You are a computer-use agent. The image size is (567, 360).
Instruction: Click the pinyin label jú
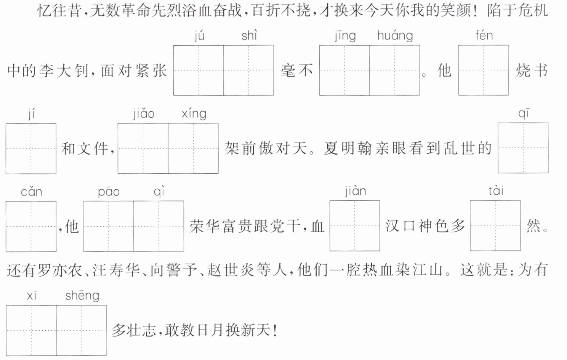199,36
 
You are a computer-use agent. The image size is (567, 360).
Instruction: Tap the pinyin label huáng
395,36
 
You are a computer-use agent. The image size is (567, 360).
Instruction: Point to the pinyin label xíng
194,114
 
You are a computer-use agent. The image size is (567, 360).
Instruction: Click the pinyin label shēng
82,296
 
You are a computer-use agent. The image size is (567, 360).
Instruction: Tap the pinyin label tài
496,190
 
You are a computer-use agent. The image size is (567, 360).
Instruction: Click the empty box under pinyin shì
248,70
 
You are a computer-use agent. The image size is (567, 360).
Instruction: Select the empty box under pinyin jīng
344,70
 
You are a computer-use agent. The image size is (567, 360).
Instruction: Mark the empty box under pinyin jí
31,149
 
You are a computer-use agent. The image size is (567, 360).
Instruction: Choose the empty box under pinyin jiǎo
143,149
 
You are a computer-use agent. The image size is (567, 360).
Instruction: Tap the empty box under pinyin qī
523,148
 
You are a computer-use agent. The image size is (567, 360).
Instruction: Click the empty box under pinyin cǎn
31,226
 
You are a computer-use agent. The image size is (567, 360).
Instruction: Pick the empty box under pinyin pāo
108,226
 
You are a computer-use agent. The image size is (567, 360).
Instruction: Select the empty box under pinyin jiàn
355,226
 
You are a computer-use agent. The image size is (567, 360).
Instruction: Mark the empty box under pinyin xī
31,330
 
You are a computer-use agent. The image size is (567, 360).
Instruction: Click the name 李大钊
63,70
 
